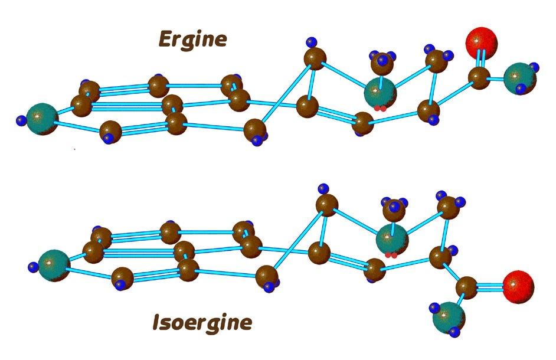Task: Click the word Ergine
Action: click(192, 40)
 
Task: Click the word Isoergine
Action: click(202, 322)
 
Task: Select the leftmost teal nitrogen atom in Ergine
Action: click(43, 118)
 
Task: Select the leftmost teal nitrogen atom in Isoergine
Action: click(54, 266)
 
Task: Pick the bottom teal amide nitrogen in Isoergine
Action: click(449, 318)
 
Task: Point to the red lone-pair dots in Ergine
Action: click(381, 109)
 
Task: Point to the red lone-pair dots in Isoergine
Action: click(390, 255)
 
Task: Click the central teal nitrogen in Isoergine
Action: click(391, 239)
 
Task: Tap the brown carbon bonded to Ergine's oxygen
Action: click(480, 77)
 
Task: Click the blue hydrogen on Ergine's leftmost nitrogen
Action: click(22, 121)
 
